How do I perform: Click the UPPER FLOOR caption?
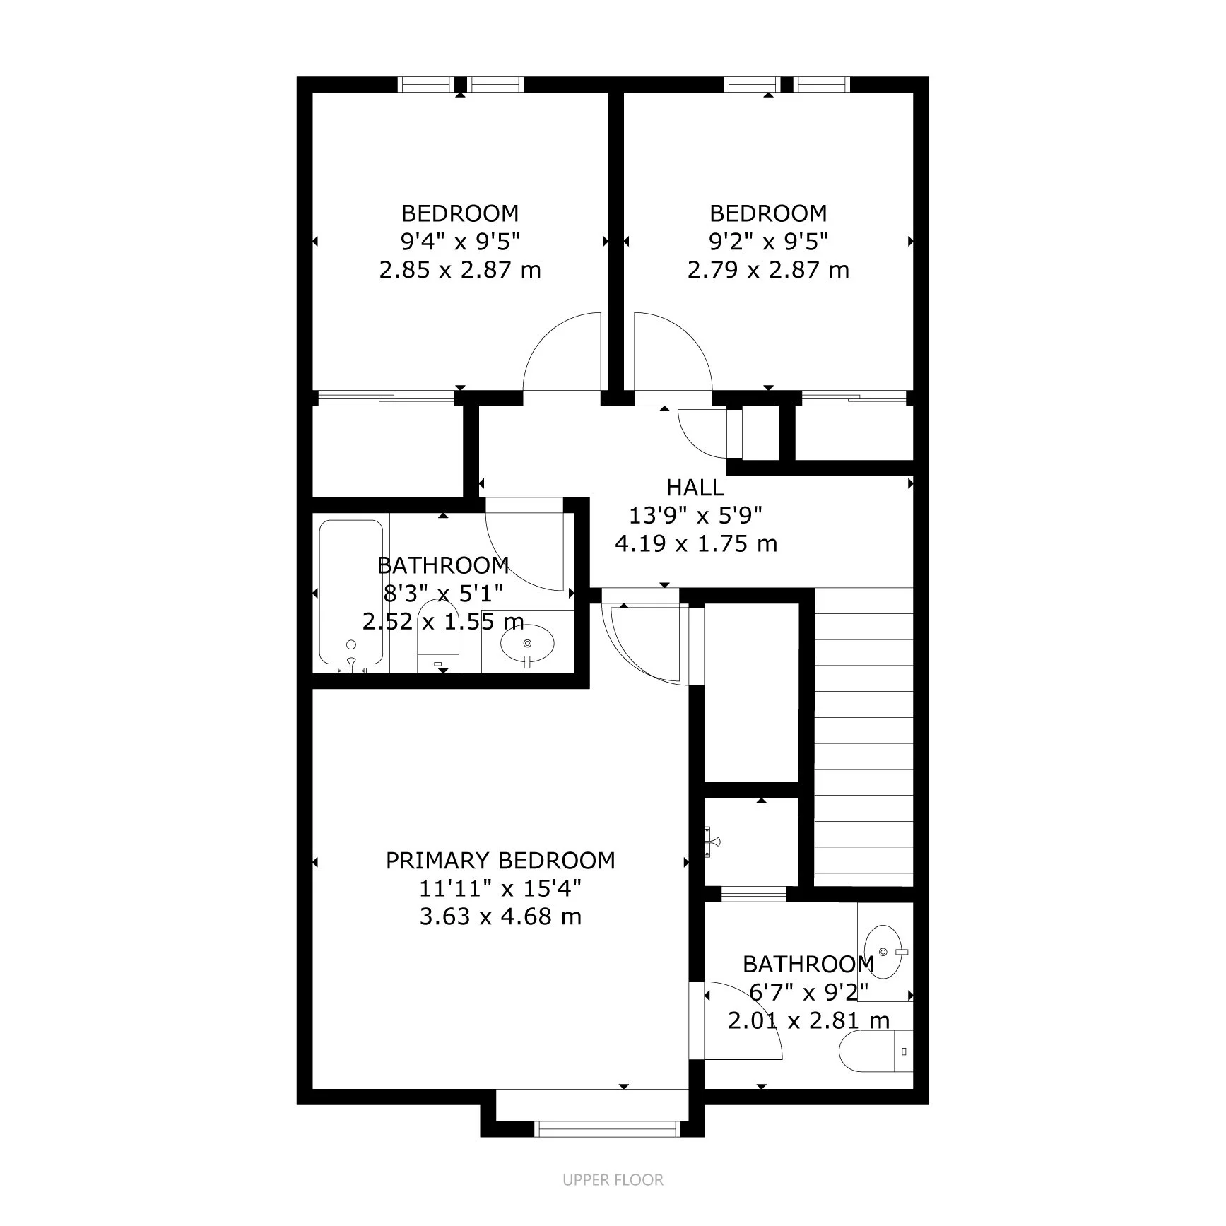tap(613, 1179)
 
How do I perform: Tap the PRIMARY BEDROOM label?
tap(500, 860)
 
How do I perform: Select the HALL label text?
tap(695, 488)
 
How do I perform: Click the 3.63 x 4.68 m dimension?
tap(500, 916)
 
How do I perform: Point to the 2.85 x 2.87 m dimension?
tap(460, 270)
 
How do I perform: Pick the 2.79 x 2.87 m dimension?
tap(768, 270)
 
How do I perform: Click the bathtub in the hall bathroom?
tap(351, 594)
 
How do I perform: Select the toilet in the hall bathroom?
tap(438, 636)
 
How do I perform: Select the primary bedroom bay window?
tap(608, 1128)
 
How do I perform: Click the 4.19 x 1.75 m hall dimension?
tap(696, 544)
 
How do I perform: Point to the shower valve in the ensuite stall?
tap(712, 841)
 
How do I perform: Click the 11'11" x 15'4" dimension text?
tap(500, 888)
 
